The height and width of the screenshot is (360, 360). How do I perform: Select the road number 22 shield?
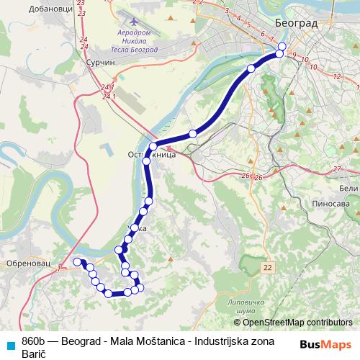pos(269,267)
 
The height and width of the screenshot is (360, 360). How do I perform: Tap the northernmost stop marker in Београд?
pos(282,46)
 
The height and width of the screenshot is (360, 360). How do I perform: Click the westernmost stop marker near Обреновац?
pos(77,261)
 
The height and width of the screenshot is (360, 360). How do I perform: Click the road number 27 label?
pos(336,168)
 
